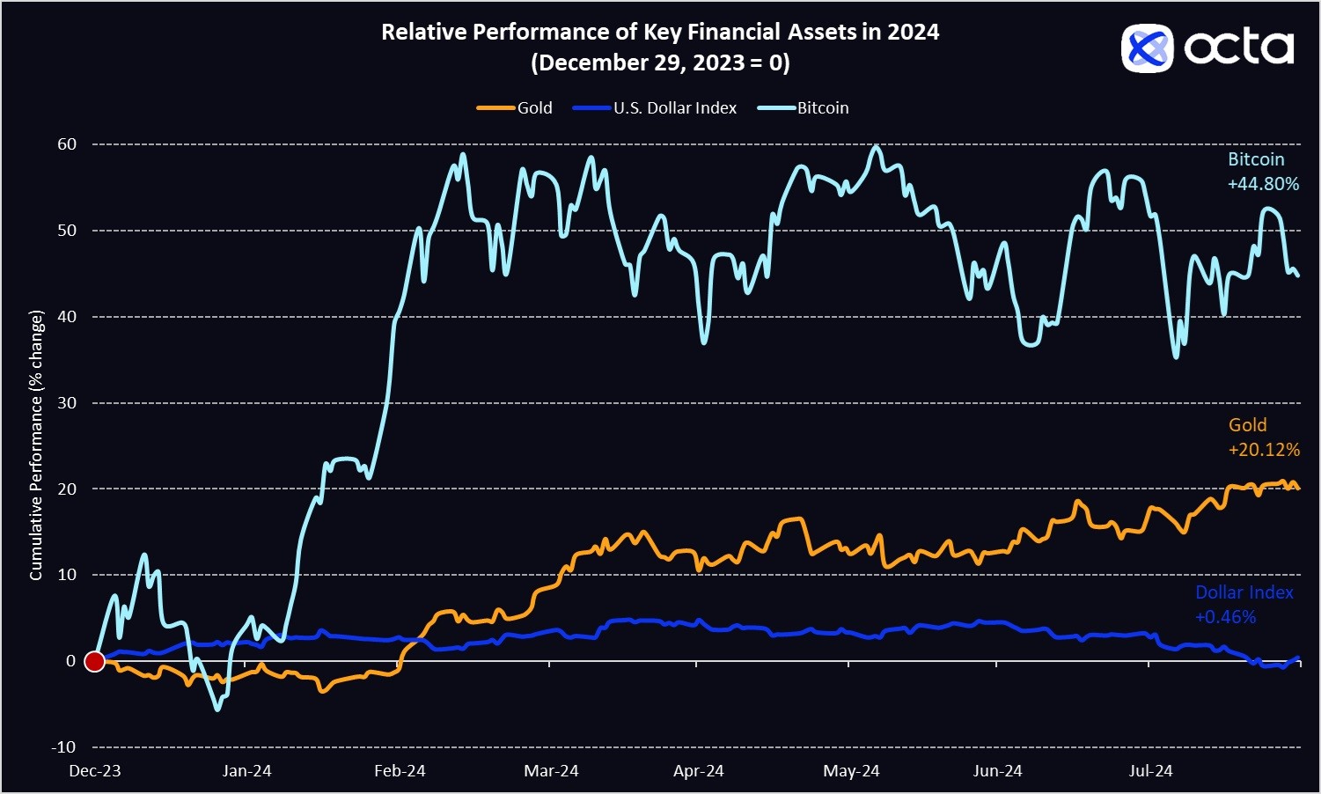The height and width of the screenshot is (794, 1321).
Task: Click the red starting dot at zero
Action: pos(94,661)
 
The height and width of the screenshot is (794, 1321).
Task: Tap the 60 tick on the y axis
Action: pos(67,144)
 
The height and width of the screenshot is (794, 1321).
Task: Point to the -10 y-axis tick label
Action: pos(63,747)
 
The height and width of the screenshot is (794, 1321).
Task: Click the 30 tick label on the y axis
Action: pos(67,403)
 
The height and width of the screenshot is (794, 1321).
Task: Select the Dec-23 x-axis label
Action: pos(95,771)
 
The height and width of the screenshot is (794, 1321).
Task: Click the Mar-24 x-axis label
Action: pos(551,771)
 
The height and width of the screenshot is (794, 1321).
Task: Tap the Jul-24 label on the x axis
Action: pos(1150,771)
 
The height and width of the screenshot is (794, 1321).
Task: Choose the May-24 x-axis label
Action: pos(851,771)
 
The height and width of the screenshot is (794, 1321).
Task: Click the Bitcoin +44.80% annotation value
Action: pos(1264,184)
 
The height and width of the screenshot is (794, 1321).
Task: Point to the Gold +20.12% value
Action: pos(1264,450)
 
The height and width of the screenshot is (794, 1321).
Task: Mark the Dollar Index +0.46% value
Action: pos(1225,617)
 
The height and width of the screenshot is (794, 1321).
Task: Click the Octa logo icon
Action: pos(1147,48)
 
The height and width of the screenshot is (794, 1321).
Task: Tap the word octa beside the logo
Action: pos(1238,48)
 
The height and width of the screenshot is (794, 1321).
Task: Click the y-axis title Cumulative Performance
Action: pos(36,445)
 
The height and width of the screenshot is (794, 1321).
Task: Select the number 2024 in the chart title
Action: pos(913,33)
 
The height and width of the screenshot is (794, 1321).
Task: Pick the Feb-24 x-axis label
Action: pos(400,771)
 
